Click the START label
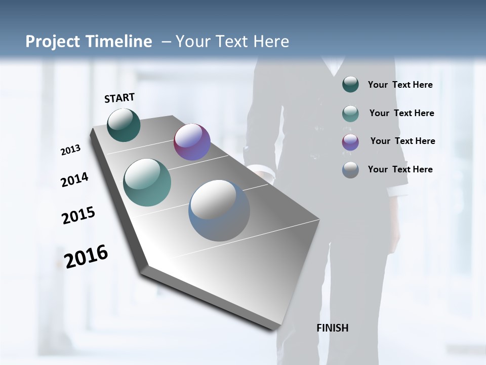pyautogui.click(x=119, y=97)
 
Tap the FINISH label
pyautogui.click(x=332, y=328)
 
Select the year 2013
pyautogui.click(x=70, y=150)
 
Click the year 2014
pyautogui.click(x=74, y=179)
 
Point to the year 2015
pyautogui.click(x=78, y=215)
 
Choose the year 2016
pyautogui.click(x=86, y=256)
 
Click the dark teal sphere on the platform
pyautogui.click(x=124, y=125)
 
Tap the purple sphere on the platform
pyautogui.click(x=192, y=142)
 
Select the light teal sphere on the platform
pyautogui.click(x=147, y=182)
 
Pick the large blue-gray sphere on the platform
pyautogui.click(x=219, y=210)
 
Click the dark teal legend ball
pyautogui.click(x=350, y=85)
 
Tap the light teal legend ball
pyautogui.click(x=350, y=114)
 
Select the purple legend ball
pyautogui.click(x=350, y=142)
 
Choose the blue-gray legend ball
pyautogui.click(x=350, y=170)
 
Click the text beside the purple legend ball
pyautogui.click(x=402, y=141)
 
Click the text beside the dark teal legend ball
pyautogui.click(x=400, y=85)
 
